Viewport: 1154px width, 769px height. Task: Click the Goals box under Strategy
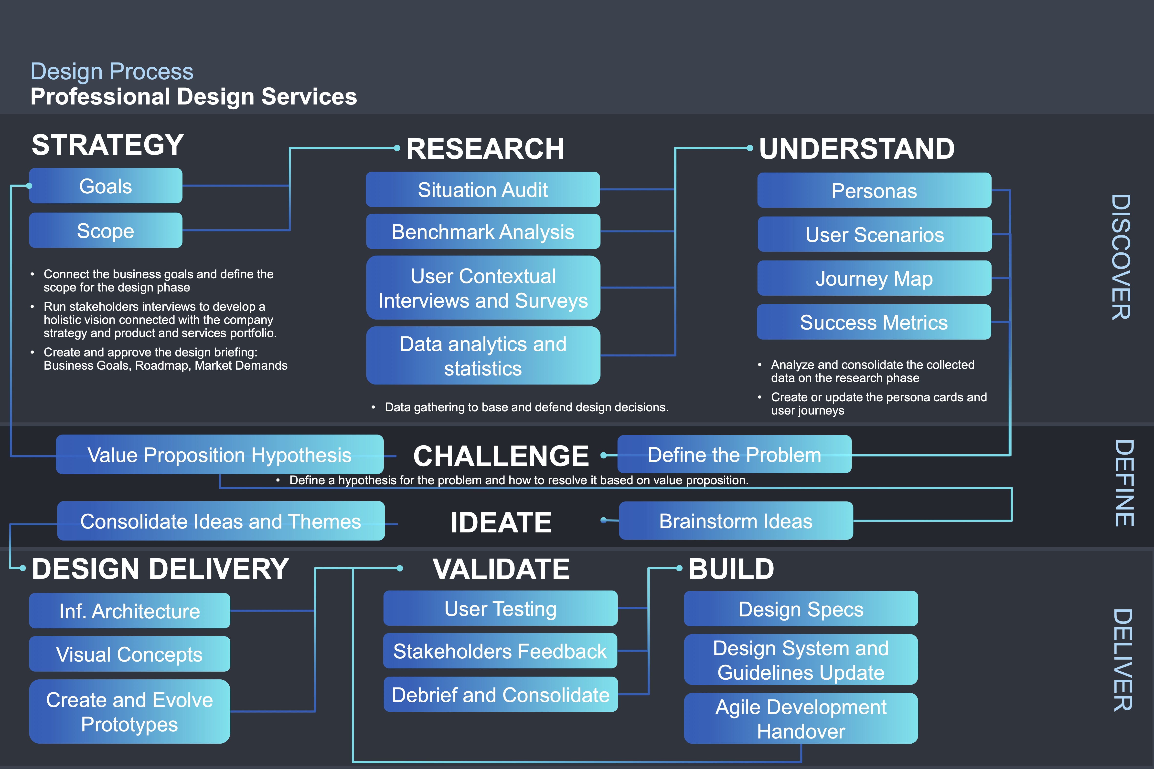pyautogui.click(x=106, y=186)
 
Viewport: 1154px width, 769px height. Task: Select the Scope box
pyautogui.click(x=106, y=230)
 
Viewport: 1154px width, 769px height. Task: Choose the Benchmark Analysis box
pyautogui.click(x=483, y=231)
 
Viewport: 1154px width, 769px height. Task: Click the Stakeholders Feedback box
pyautogui.click(x=500, y=651)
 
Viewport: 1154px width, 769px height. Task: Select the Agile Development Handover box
pyautogui.click(x=801, y=718)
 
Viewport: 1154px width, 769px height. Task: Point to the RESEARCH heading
pyautogui.click(x=485, y=149)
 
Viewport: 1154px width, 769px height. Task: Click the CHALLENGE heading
pyautogui.click(x=501, y=456)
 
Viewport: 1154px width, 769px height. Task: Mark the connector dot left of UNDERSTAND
pyautogui.click(x=750, y=148)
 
